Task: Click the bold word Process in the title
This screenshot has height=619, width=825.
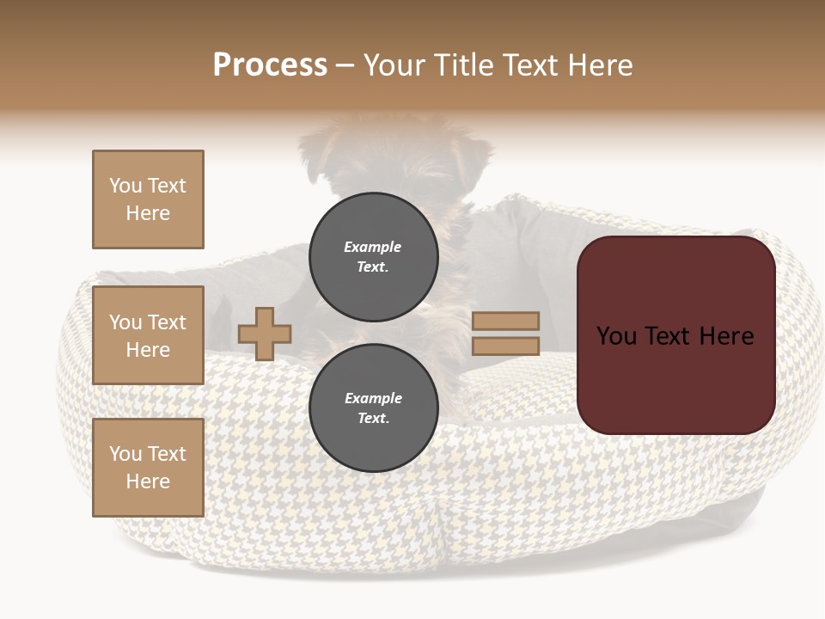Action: click(x=270, y=65)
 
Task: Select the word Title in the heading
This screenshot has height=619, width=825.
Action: click(x=461, y=65)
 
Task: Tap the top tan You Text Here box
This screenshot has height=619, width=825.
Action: click(x=148, y=199)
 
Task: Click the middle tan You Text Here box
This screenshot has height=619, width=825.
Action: click(x=148, y=335)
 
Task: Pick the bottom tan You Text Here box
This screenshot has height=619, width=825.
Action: click(x=148, y=468)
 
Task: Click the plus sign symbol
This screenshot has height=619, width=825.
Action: click(x=265, y=334)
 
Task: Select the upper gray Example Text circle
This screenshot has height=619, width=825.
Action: click(x=373, y=257)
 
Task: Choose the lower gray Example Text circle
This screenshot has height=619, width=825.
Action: click(x=373, y=408)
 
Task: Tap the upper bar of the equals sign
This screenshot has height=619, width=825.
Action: click(x=505, y=322)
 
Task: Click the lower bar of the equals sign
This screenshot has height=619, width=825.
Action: click(x=505, y=346)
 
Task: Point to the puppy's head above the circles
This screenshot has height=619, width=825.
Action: click(x=395, y=155)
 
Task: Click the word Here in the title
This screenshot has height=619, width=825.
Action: click(x=600, y=65)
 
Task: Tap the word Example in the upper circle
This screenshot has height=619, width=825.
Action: click(x=373, y=248)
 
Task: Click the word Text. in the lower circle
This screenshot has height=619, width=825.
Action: click(x=373, y=419)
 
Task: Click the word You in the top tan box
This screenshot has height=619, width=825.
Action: click(x=125, y=186)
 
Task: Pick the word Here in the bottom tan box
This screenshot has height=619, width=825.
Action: click(x=148, y=481)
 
